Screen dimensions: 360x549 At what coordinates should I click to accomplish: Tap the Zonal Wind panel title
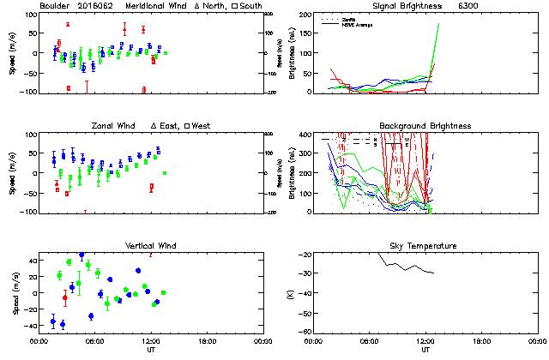coord(115,126)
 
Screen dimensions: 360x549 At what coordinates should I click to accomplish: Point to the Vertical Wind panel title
coord(150,246)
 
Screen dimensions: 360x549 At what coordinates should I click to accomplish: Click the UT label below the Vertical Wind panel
coord(150,350)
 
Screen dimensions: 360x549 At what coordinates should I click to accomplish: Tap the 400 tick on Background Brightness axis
coord(304,135)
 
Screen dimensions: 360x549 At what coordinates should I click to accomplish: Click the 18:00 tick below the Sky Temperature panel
coord(482,341)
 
